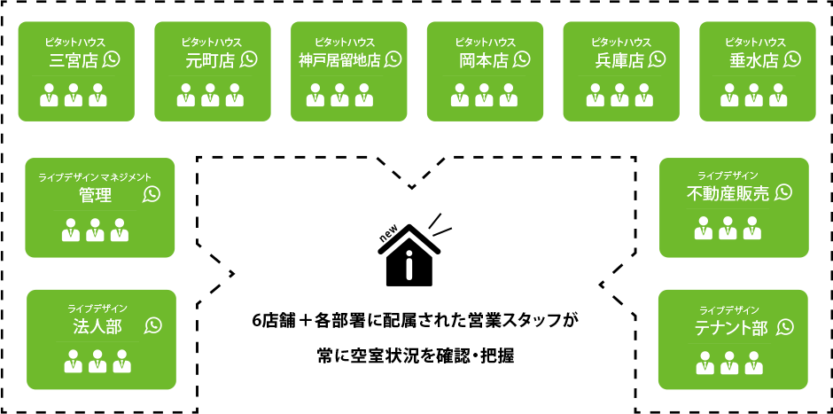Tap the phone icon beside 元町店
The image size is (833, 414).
point(249,59)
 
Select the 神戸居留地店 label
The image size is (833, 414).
point(339,60)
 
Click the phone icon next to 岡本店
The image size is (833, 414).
point(521,59)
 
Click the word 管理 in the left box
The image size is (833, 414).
point(96,195)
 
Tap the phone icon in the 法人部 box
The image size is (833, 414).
point(153,325)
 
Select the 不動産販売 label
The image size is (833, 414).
point(728,194)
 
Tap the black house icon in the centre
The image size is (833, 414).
point(409,255)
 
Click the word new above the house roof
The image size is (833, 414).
point(388,235)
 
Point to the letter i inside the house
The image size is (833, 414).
point(409,265)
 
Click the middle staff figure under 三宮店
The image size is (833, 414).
point(74,95)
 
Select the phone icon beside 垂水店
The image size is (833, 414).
point(791,59)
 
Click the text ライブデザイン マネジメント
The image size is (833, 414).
point(95,177)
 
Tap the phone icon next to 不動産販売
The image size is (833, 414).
point(783,192)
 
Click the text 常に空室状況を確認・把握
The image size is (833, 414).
point(415,355)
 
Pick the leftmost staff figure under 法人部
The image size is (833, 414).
point(74,361)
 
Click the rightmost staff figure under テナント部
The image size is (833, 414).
point(754,363)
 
